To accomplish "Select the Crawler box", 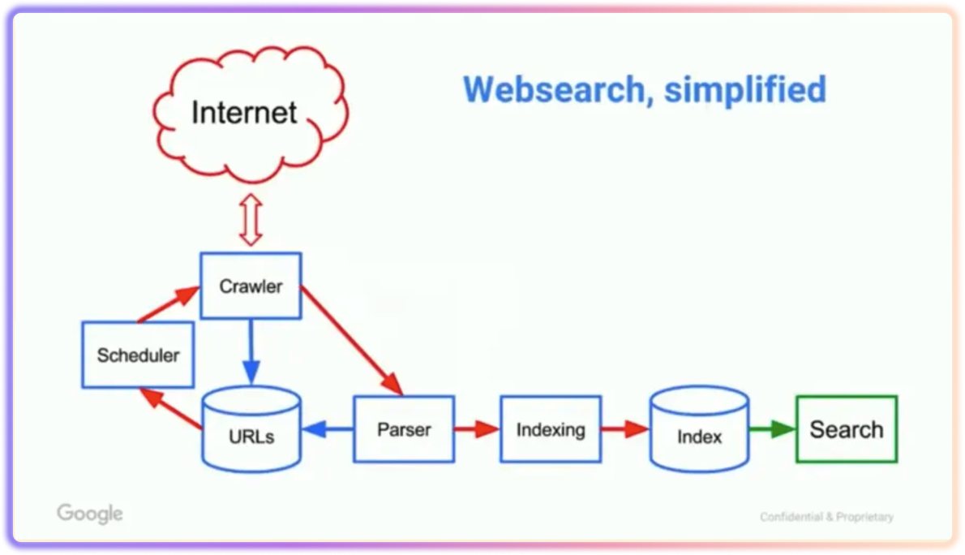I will tap(251, 286).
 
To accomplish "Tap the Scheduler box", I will tap(138, 355).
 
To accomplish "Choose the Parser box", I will tap(404, 429).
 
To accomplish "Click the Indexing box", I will tap(551, 429).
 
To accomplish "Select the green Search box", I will tap(847, 429).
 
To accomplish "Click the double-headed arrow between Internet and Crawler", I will tap(251, 219).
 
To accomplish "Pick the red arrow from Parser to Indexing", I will tap(476, 429).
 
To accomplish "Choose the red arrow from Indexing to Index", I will tap(624, 429).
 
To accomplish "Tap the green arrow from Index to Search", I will tap(771, 429).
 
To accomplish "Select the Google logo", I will tap(90, 514).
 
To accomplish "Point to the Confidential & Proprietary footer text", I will tap(826, 517).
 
